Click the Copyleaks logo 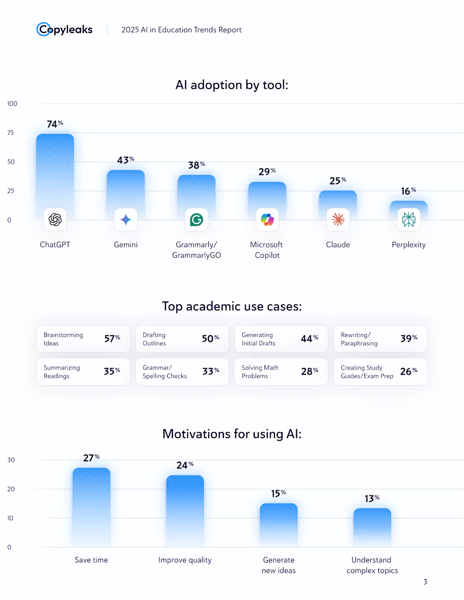coord(65,29)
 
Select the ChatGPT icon coord(55,220)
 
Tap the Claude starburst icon coord(338,220)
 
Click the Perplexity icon coord(409,220)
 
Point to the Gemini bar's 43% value coord(126,160)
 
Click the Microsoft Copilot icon coord(267,220)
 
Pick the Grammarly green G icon coord(197,220)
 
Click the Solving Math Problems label coord(260,371)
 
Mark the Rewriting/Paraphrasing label coord(359,339)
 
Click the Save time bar coord(92,506)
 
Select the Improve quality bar coord(185,510)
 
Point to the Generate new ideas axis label coord(279,565)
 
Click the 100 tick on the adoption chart coord(12,104)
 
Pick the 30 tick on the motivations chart coord(11,460)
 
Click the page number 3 coord(425,582)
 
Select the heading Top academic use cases coord(232,306)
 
